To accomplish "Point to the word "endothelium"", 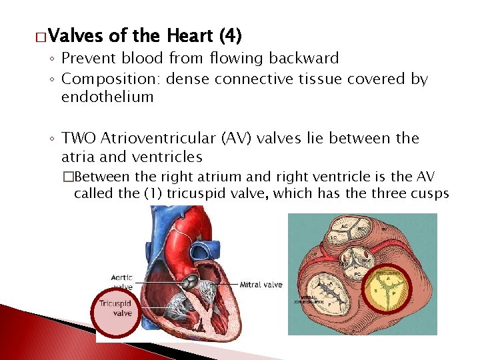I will (107, 97).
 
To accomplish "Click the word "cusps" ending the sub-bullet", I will (429, 194).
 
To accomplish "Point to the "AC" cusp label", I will (345, 226).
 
